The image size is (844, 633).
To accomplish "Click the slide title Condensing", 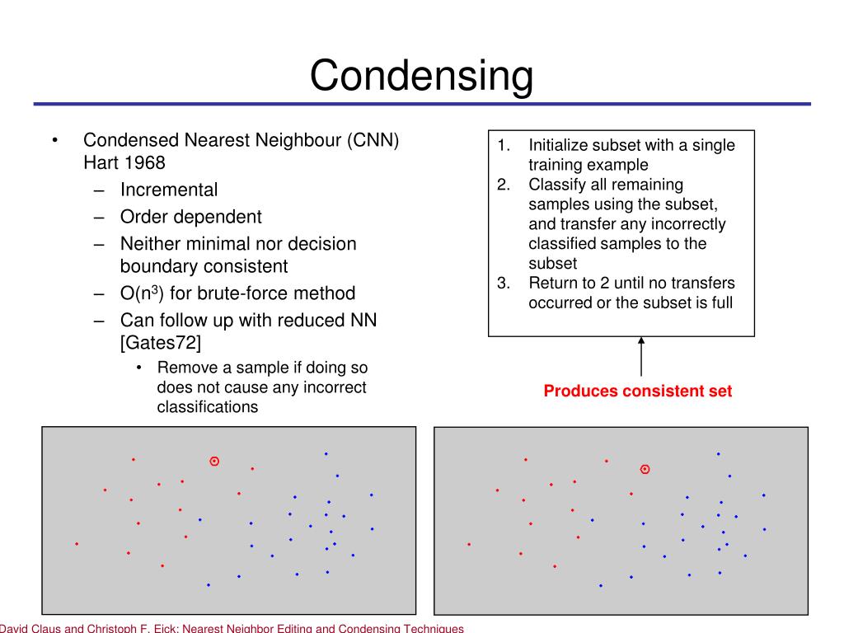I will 421,75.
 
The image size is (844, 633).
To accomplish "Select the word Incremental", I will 169,190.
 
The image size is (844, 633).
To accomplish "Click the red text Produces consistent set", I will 637,392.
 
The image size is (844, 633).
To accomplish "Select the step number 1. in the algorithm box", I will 503,145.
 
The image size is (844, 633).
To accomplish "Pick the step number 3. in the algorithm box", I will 503,284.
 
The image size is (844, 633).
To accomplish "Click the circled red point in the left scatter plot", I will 214,462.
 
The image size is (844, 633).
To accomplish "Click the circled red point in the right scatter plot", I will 645,469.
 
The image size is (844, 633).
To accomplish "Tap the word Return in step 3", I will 554,284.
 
